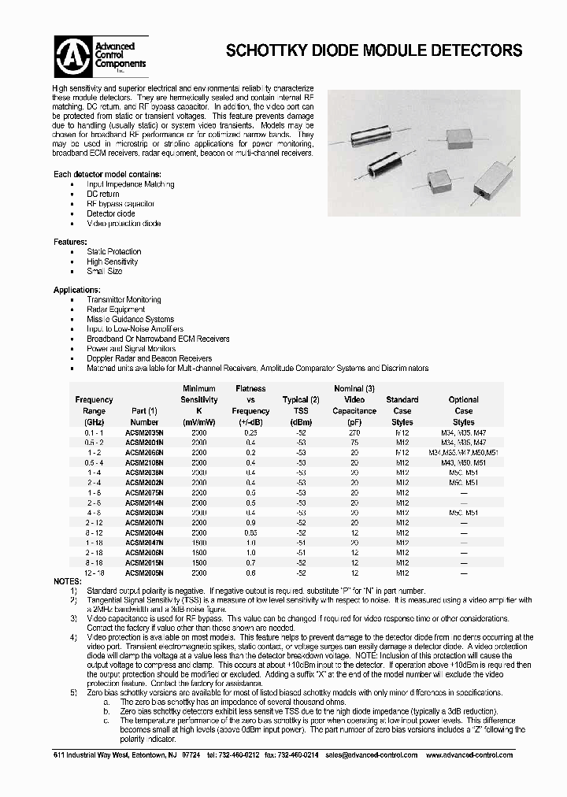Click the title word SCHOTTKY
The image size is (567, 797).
263,50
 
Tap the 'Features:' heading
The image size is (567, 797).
70,242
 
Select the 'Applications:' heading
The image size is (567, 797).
76,290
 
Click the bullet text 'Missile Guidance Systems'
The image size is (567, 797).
130,319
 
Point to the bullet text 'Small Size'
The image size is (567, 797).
105,271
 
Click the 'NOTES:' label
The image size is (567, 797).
67,581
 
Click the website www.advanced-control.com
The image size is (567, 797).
469,754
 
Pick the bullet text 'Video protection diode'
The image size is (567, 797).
124,224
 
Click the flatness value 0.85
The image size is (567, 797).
250,533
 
